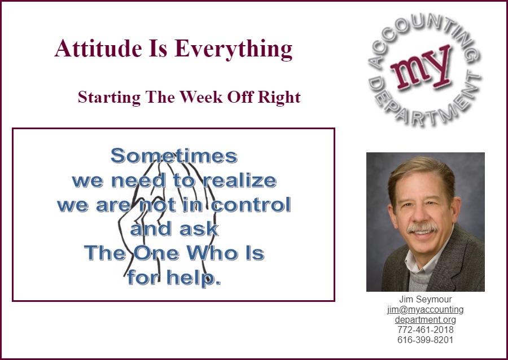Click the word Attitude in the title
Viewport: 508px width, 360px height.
tap(98, 49)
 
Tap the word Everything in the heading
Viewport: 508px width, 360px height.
tap(234, 50)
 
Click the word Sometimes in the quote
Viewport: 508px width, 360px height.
tap(174, 156)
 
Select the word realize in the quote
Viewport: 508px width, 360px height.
tap(239, 181)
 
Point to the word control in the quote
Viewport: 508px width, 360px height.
tap(251, 205)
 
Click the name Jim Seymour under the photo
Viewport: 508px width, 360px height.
tap(426, 299)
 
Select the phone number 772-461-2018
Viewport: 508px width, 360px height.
tap(426, 330)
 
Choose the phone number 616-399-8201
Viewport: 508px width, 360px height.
tap(426, 340)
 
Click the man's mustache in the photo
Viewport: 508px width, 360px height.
tap(422, 228)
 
